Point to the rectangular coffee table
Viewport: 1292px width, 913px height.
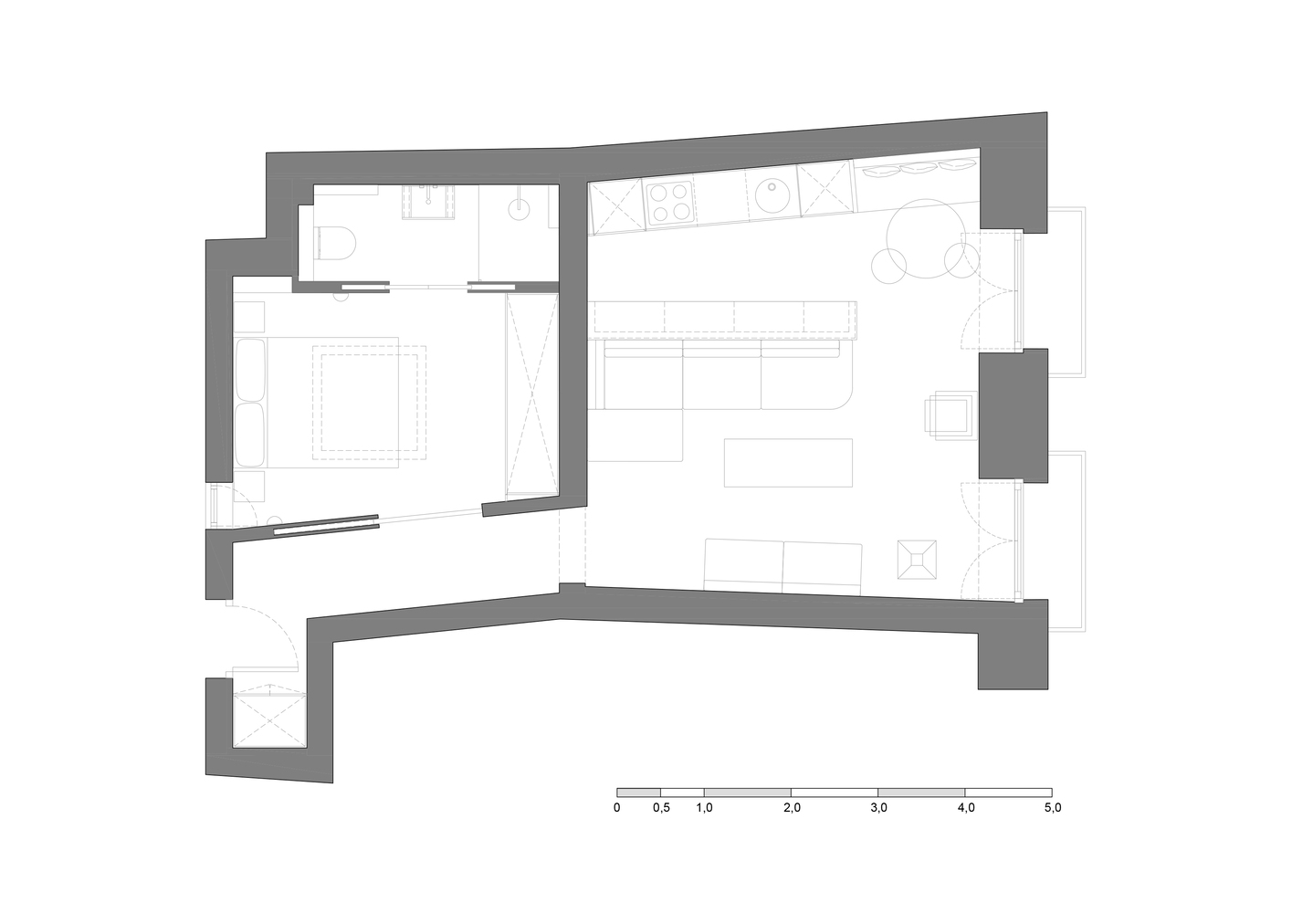788,463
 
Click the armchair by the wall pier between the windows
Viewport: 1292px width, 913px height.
951,415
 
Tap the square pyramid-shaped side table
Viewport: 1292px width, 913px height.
917,560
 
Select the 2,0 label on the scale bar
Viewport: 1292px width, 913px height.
792,808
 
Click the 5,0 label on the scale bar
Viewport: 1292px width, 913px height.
1053,808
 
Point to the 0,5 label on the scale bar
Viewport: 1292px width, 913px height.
662,808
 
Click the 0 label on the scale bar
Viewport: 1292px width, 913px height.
617,808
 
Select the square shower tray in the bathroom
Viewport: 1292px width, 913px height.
428,202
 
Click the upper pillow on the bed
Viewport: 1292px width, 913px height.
251,369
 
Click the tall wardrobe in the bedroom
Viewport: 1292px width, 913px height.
531,395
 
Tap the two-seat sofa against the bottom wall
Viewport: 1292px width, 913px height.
783,566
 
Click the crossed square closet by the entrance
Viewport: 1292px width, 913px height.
269,721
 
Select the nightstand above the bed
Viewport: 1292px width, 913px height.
249,317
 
